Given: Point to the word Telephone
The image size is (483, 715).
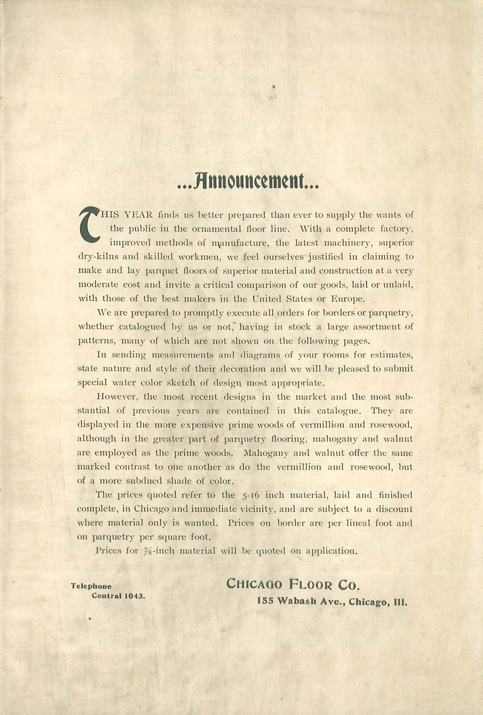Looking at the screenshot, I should click(91, 586).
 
